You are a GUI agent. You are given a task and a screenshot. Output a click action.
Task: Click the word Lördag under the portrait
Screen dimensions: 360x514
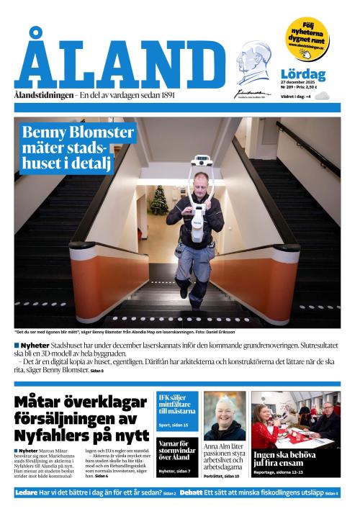point(302,74)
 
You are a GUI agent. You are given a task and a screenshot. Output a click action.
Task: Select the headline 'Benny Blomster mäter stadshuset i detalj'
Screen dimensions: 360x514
point(68,148)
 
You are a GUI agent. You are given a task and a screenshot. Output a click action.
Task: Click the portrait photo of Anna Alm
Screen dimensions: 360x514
point(225,415)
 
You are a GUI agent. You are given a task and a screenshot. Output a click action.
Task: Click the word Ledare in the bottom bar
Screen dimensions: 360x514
point(26,492)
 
